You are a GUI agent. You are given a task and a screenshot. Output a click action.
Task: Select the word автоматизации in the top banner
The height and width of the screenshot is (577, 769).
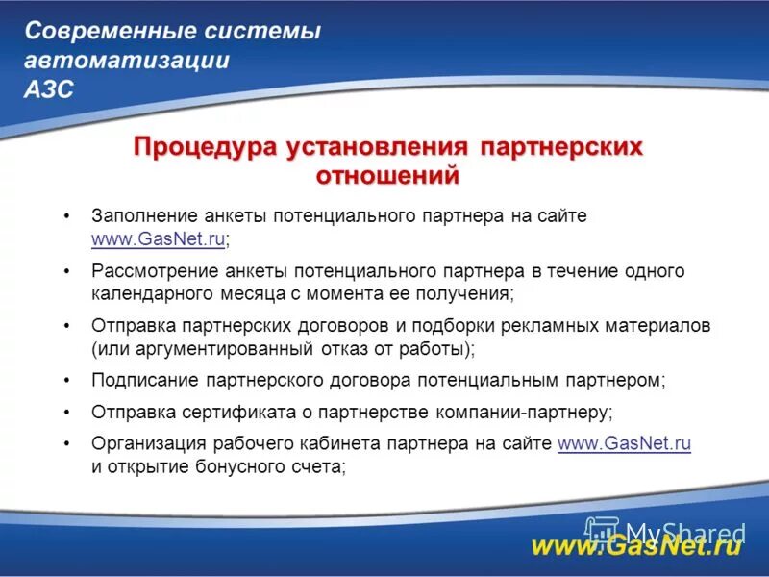pyautogui.click(x=127, y=61)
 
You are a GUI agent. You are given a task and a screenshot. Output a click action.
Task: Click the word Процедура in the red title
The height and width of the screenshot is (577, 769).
pyautogui.click(x=204, y=148)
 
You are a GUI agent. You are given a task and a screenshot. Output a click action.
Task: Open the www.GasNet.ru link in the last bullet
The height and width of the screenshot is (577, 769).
pyautogui.click(x=624, y=443)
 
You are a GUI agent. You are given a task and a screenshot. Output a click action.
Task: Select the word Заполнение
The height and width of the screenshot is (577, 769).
pyautogui.click(x=145, y=216)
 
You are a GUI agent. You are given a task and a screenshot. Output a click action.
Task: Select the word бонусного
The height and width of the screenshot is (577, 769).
pyautogui.click(x=227, y=466)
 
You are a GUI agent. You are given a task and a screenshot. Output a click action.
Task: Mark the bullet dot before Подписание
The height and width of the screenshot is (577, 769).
pyautogui.click(x=66, y=381)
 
